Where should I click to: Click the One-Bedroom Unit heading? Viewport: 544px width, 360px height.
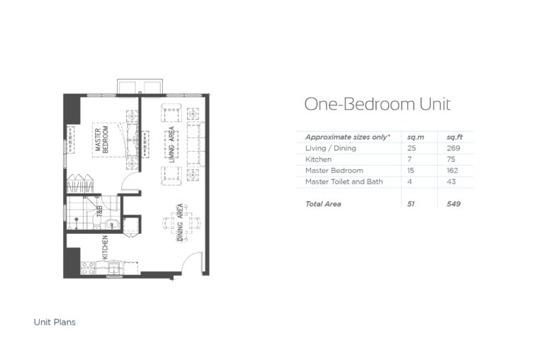pos(377,104)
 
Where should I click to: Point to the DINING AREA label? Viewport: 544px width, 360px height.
pos(181,223)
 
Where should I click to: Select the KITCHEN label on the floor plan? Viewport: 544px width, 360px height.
pos(104,248)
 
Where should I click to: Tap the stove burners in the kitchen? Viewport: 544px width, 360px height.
pos(89,268)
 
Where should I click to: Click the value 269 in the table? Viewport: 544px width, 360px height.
pos(453,148)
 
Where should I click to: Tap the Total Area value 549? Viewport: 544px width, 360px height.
pos(453,204)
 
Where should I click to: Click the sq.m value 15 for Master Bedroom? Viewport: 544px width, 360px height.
pos(412,171)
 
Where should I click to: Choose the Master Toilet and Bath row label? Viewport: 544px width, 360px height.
pos(344,182)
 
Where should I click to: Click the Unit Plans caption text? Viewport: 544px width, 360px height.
pos(55,322)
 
